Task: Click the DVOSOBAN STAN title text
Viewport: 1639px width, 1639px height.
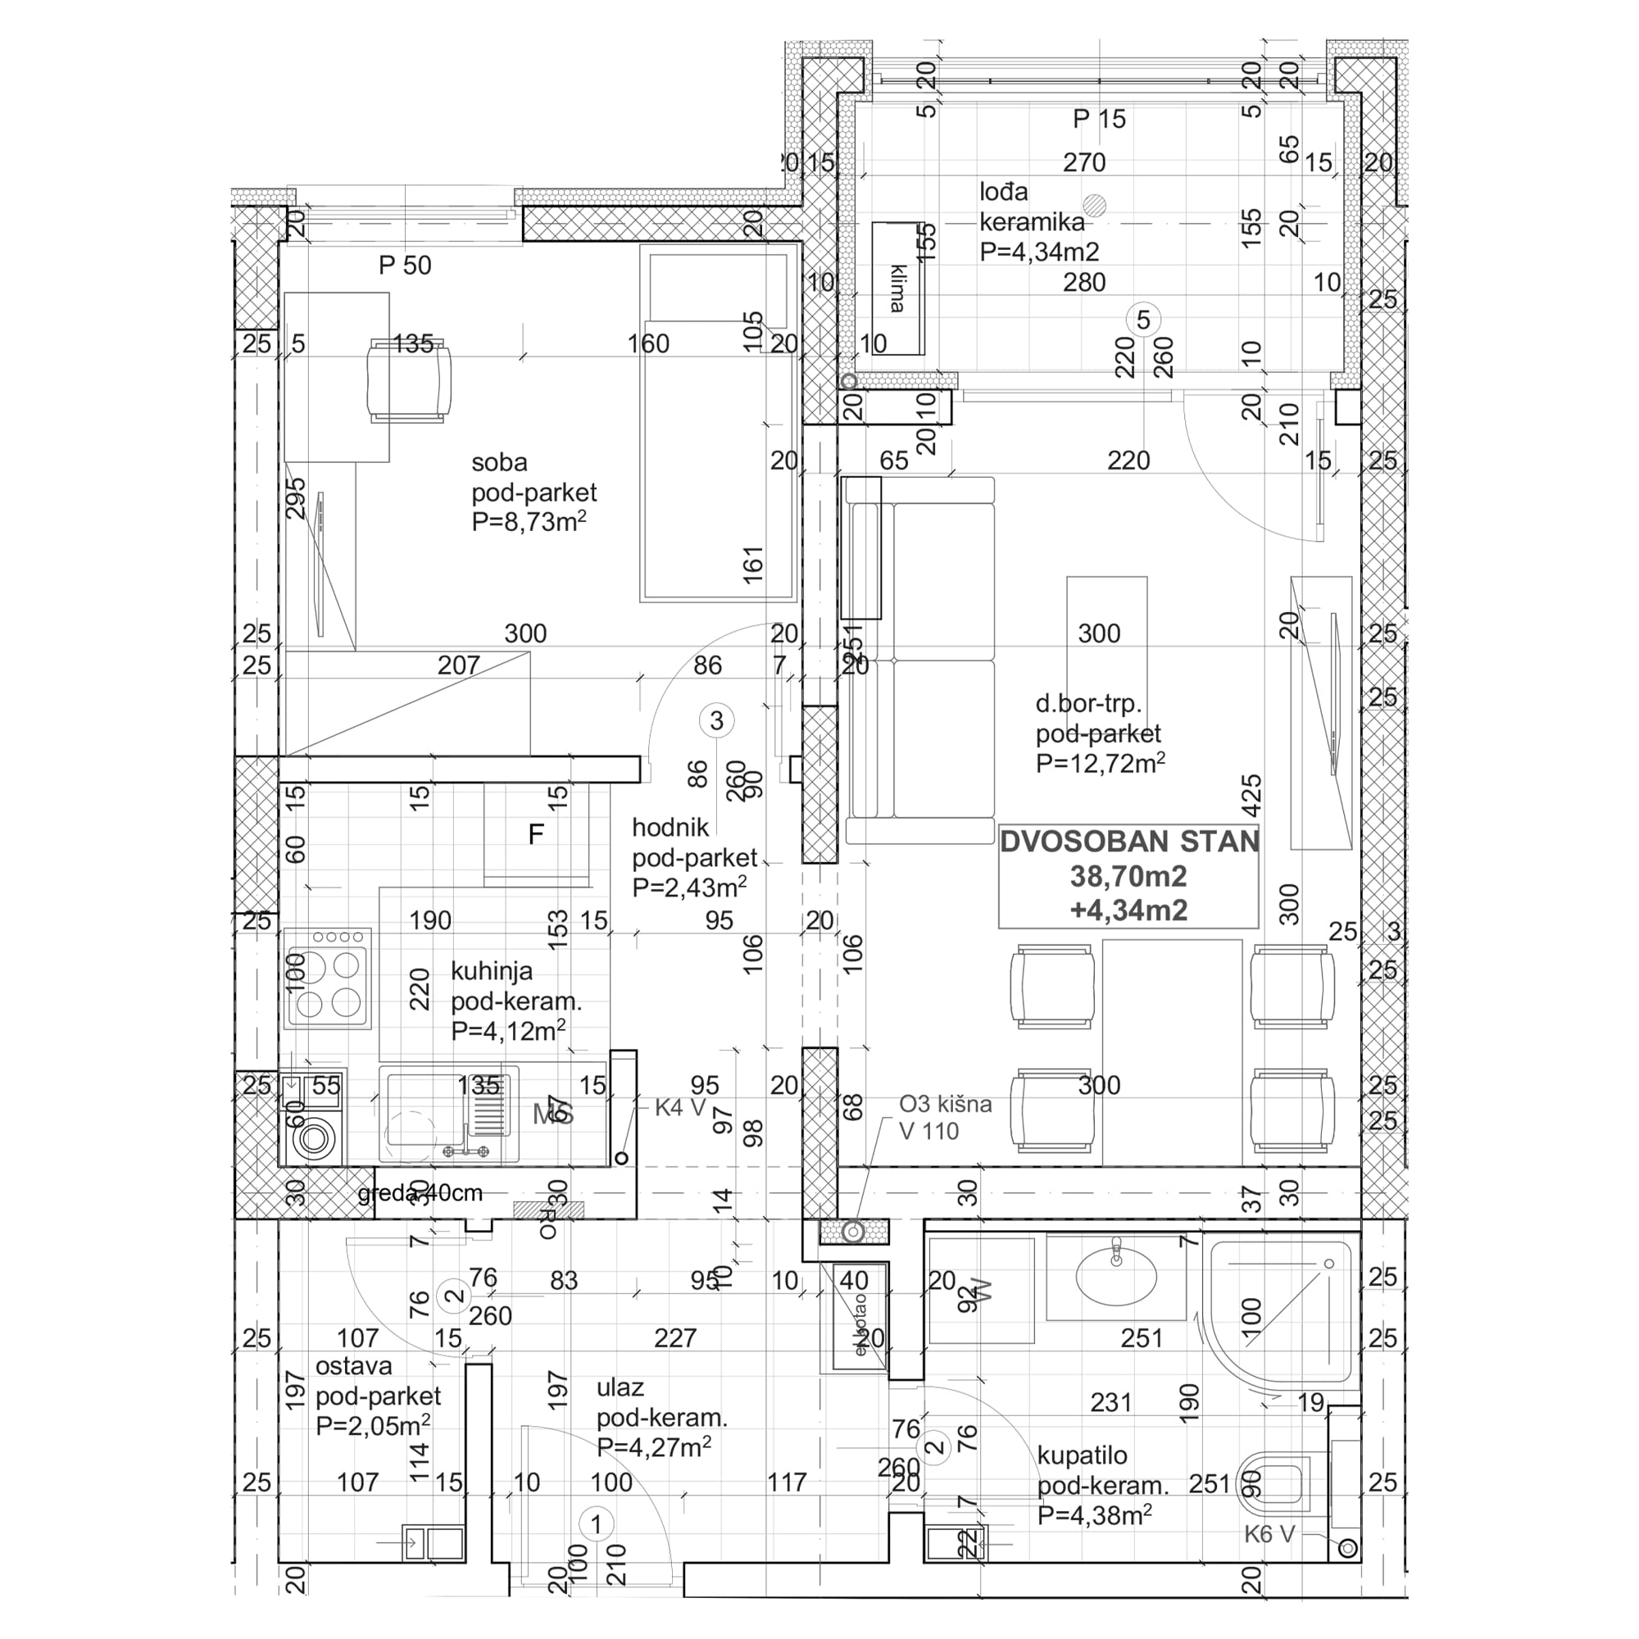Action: [x=1128, y=842]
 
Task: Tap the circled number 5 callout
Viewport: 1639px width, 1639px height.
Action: [x=1142, y=320]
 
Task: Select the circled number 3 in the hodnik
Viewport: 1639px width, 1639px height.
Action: [x=717, y=720]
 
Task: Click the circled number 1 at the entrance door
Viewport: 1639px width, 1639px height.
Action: [x=596, y=1523]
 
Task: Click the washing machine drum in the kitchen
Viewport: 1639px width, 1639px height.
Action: [x=313, y=1137]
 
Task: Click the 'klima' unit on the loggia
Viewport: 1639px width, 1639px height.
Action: [x=897, y=288]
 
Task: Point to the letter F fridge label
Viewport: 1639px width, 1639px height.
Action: [x=535, y=835]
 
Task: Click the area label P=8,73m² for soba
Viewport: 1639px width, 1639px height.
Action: [x=529, y=522]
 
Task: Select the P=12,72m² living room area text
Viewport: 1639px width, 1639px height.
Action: [x=1100, y=763]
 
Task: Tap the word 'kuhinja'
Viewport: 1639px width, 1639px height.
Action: [x=491, y=970]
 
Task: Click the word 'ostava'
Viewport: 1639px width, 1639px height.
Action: [x=354, y=1366]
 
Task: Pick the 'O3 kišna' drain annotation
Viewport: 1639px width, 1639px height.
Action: [x=945, y=1104]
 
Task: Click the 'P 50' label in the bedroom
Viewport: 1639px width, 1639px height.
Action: [x=405, y=266]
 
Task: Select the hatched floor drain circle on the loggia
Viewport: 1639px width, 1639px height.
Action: [x=1095, y=203]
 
